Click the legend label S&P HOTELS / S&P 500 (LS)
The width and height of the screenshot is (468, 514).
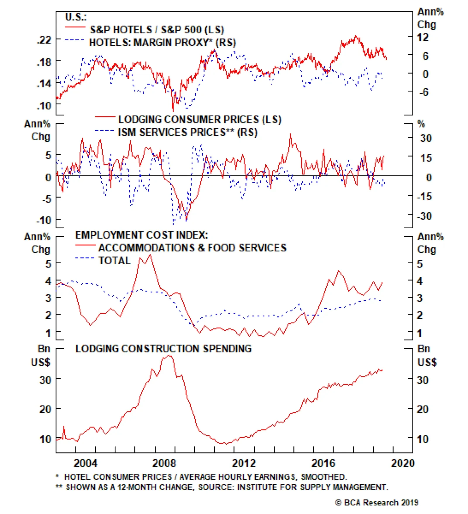[x=156, y=30]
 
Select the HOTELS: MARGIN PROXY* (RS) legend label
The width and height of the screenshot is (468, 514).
[x=162, y=43]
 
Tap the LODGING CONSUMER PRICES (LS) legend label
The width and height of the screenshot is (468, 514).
[x=199, y=120]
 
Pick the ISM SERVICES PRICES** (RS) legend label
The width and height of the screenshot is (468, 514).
[x=187, y=132]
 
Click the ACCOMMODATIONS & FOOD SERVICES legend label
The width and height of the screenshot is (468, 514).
[x=192, y=248]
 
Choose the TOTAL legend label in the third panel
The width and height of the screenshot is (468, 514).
[x=114, y=261]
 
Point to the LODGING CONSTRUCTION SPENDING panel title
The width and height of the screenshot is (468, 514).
[x=163, y=349]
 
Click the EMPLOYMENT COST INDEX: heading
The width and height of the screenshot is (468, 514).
[x=142, y=235]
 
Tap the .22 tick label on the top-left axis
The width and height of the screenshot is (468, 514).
[x=44, y=39]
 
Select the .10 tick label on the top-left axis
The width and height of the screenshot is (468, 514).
[x=44, y=106]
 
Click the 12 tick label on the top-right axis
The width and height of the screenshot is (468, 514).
[x=423, y=37]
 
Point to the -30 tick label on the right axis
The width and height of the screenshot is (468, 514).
[x=424, y=216]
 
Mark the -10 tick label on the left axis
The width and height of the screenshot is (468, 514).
[x=44, y=220]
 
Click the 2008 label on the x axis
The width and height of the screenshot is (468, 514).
[x=164, y=463]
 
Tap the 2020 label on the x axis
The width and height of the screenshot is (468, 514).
[x=403, y=463]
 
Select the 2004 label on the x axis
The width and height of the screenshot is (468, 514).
[x=85, y=463]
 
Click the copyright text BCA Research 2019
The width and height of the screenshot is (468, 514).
[x=377, y=503]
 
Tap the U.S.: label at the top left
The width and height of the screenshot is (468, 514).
[x=75, y=17]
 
